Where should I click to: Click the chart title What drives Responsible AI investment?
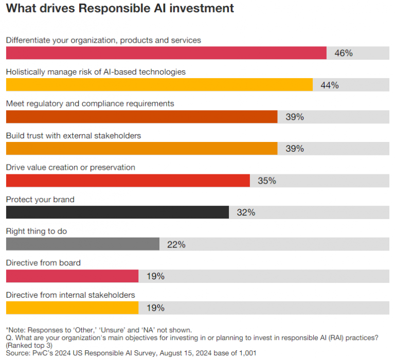pyautogui.click(x=120, y=9)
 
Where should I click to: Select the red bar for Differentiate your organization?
pyautogui.click(x=166, y=53)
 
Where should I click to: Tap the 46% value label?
pyautogui.click(x=344, y=53)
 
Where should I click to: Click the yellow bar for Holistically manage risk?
pyautogui.click(x=159, y=85)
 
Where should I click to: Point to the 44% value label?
pyautogui.click(x=330, y=85)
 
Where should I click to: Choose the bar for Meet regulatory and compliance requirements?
pyautogui.click(x=141, y=117)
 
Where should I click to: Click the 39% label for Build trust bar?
pyautogui.click(x=295, y=149)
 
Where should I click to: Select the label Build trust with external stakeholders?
pyautogui.click(x=74, y=136)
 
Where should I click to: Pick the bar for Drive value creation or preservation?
pyautogui.click(x=128, y=181)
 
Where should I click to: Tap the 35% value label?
pyautogui.click(x=267, y=181)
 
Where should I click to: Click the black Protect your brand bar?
pyautogui.click(x=117, y=212)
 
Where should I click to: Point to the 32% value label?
pyautogui.click(x=246, y=212)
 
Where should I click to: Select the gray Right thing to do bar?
pyautogui.click(x=82, y=244)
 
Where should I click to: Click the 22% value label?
pyautogui.click(x=176, y=245)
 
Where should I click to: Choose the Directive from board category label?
pyautogui.click(x=43, y=263)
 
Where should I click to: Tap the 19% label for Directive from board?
pyautogui.click(x=155, y=277)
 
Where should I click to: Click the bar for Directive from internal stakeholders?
pyautogui.click(x=72, y=308)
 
